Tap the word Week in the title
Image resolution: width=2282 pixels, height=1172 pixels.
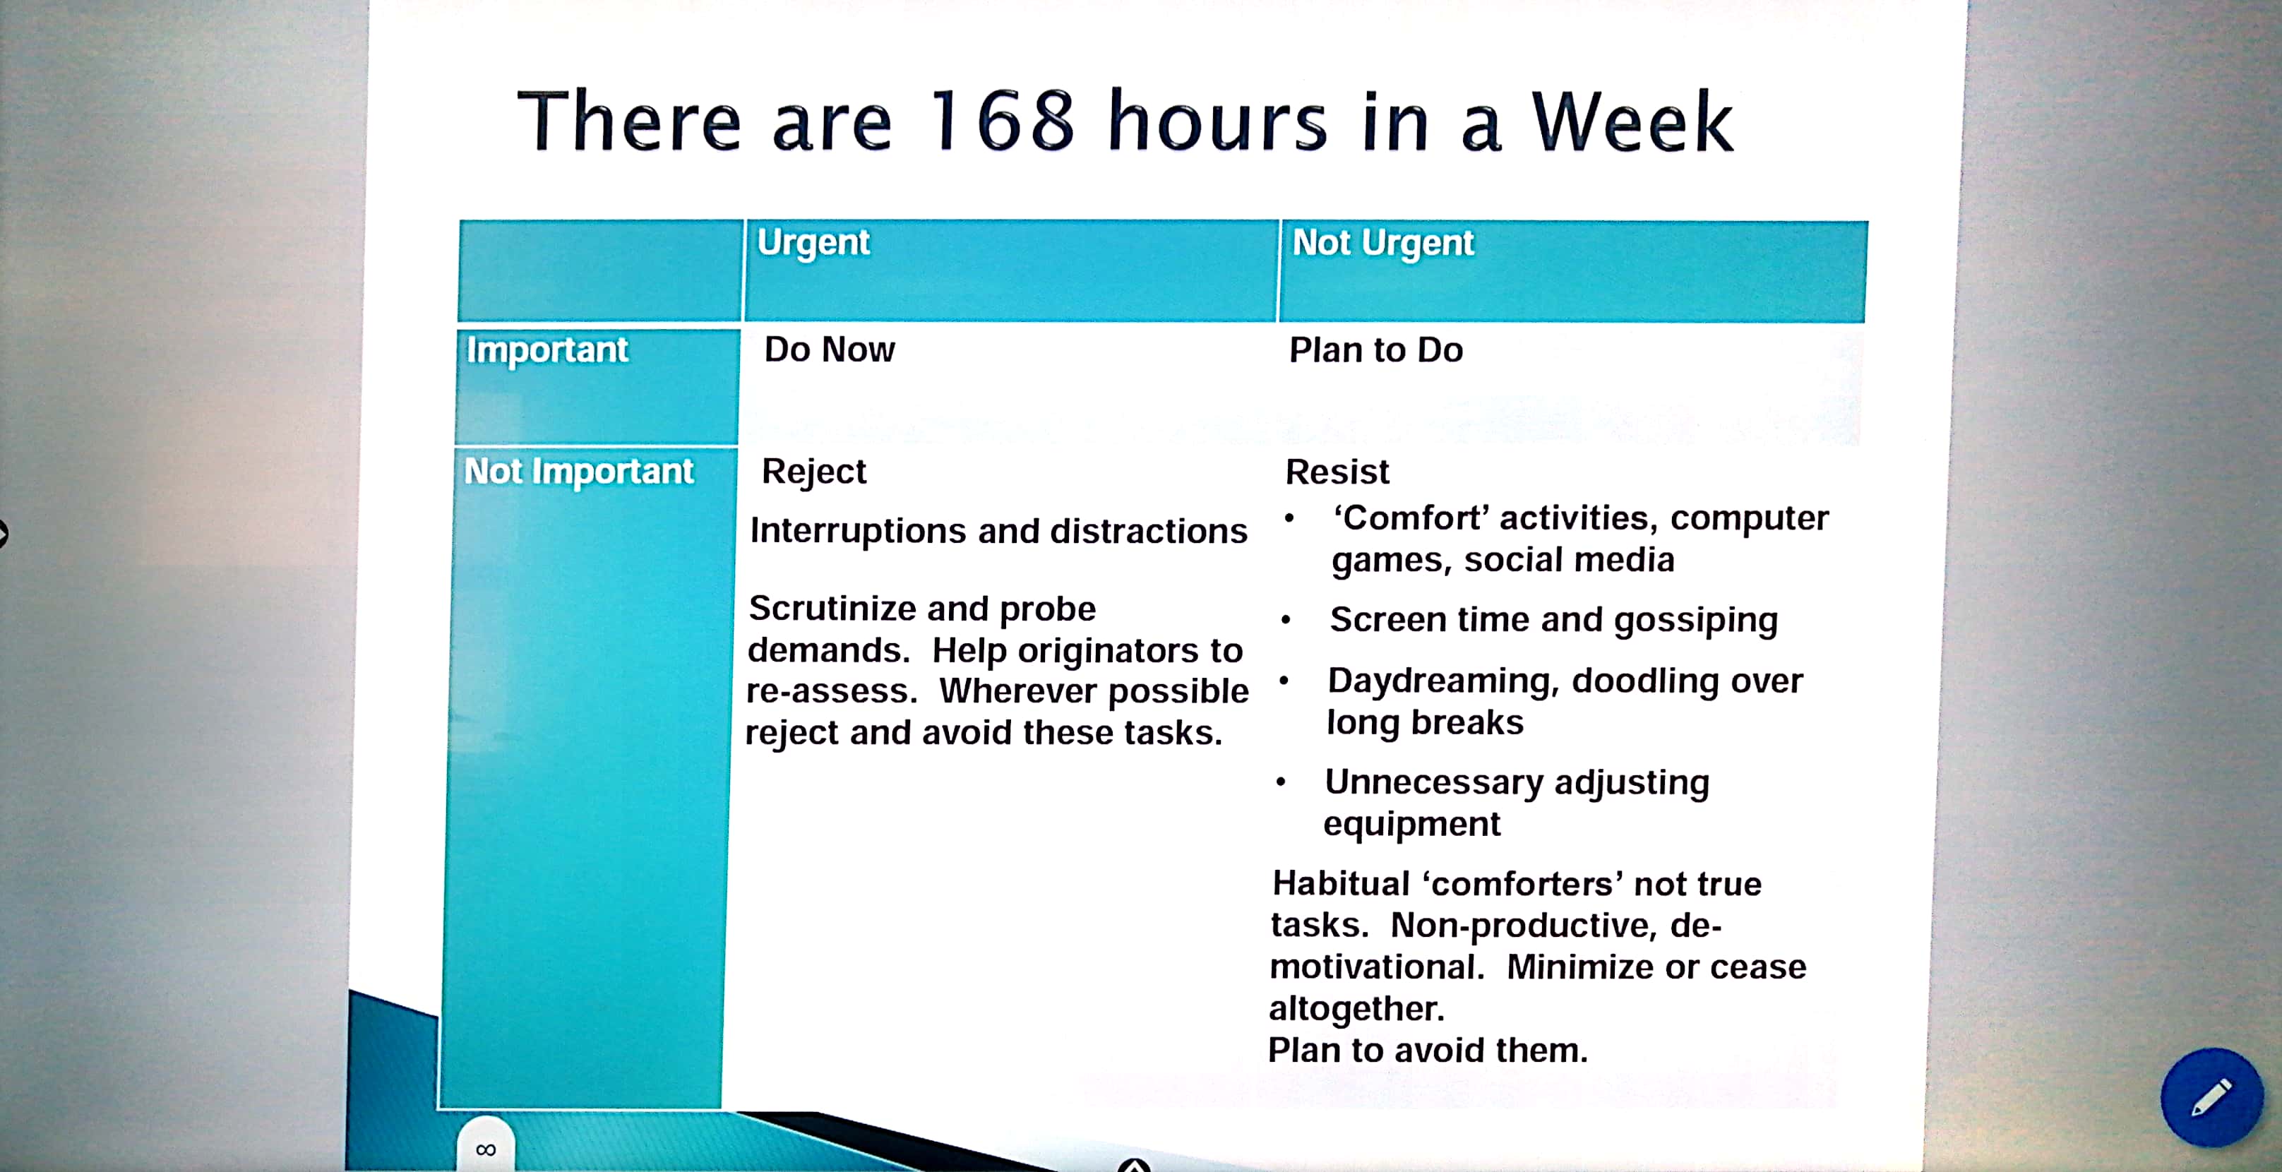1632,122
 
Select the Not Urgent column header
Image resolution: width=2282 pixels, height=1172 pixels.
1383,244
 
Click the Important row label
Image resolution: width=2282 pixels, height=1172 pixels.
547,351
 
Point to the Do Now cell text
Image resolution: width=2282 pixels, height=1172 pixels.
829,350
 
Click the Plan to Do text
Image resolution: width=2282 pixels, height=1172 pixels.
1375,351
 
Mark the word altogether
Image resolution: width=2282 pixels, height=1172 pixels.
1356,1009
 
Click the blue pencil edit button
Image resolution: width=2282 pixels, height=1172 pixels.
2212,1098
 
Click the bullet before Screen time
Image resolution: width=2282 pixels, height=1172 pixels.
1286,620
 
